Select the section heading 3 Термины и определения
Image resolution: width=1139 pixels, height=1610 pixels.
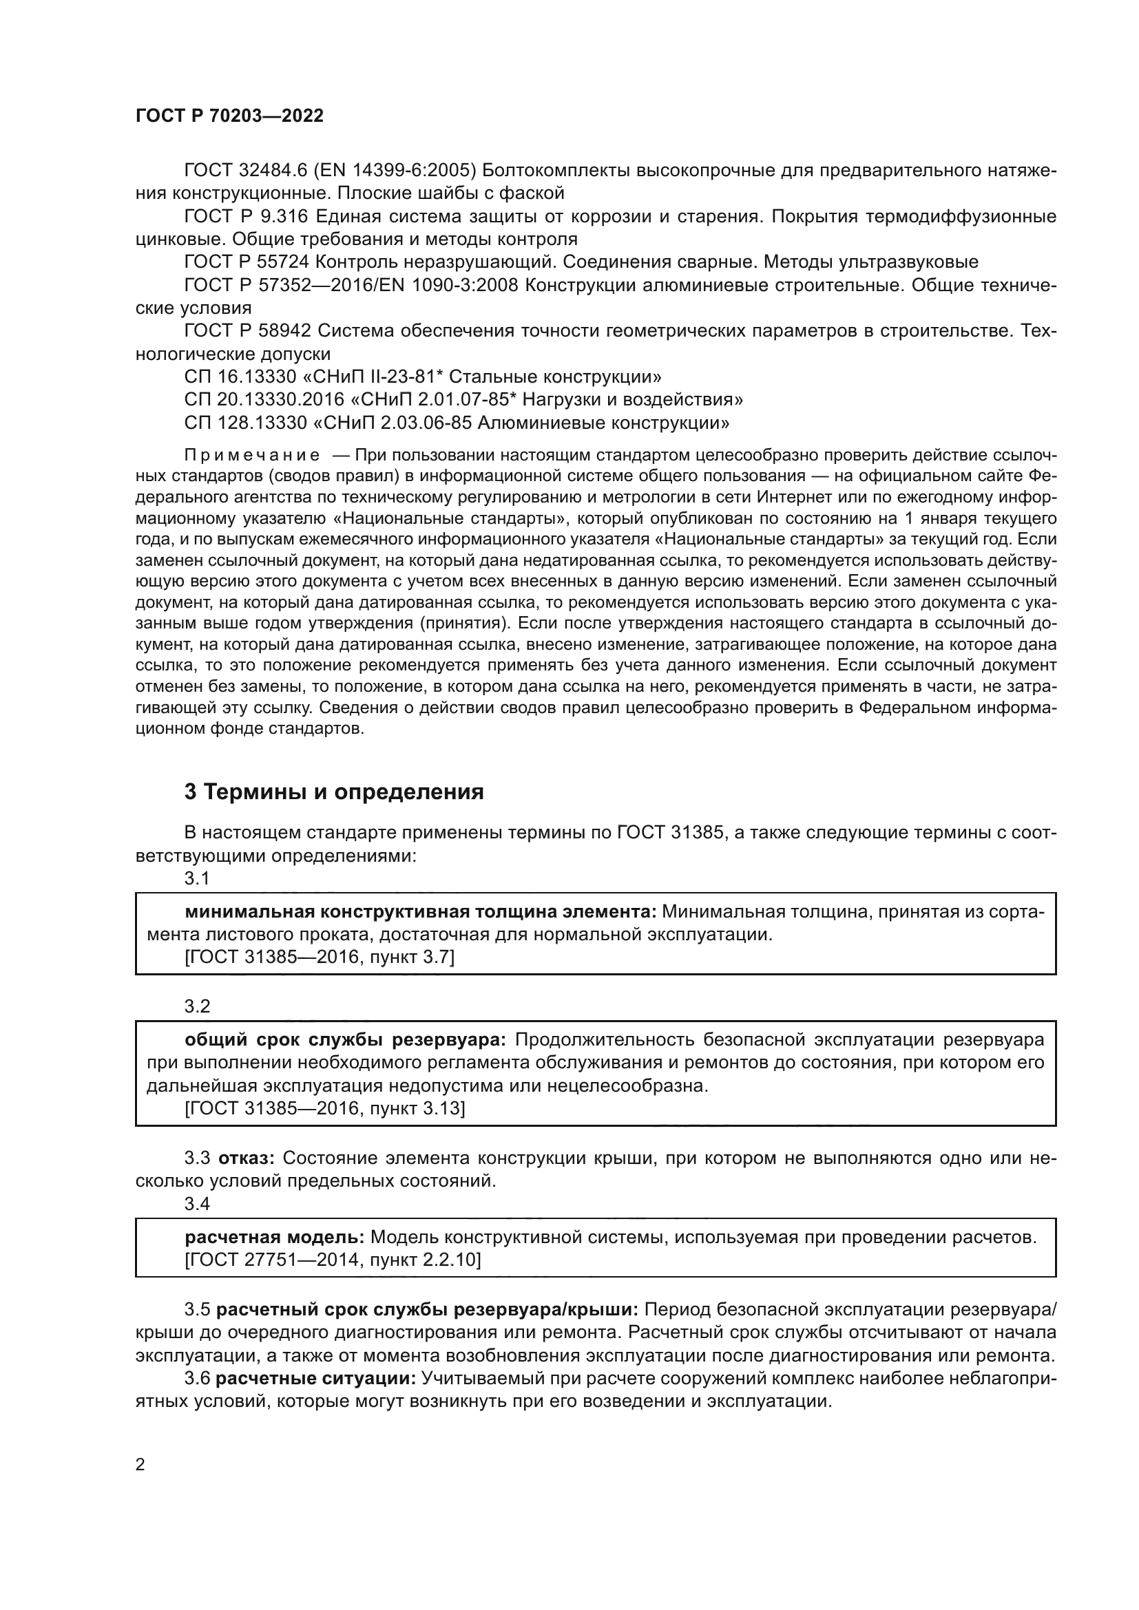click(334, 792)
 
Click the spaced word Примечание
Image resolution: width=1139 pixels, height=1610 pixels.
click(252, 455)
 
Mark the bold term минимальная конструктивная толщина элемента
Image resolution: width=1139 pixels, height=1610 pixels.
click(420, 911)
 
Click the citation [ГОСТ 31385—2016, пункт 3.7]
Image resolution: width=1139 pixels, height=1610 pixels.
click(319, 957)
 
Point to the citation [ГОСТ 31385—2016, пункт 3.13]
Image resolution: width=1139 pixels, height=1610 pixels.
click(324, 1108)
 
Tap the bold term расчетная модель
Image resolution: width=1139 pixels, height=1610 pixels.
click(274, 1237)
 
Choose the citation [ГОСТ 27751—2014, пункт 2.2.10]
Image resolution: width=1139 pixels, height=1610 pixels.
click(333, 1260)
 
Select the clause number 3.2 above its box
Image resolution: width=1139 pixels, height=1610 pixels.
click(197, 1006)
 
